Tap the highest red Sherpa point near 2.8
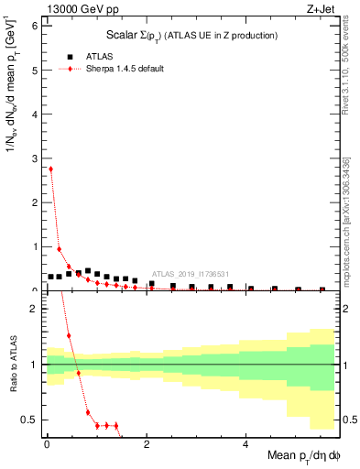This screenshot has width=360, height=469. (x=50, y=169)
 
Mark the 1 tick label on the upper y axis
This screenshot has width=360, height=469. (x=33, y=246)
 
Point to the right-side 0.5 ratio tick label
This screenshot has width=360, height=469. (x=348, y=420)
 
